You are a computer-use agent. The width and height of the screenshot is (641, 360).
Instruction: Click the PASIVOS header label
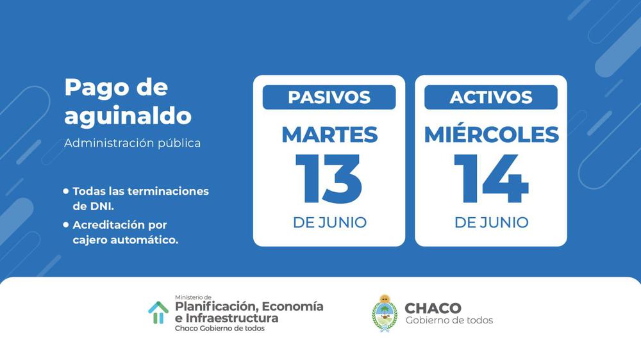[x=329, y=97]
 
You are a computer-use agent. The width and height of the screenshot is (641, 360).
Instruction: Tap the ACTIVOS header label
[x=491, y=97]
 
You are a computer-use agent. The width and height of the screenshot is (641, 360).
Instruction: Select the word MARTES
[x=329, y=135]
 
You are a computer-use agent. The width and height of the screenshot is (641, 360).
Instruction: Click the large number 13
[x=329, y=179]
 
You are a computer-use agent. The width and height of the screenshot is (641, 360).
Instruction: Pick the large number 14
[x=491, y=179]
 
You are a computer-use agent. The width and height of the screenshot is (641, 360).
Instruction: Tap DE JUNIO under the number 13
[x=329, y=223]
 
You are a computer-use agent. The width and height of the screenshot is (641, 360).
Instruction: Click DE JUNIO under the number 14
[x=492, y=223]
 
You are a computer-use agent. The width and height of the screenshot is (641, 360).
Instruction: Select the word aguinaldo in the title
[x=128, y=116]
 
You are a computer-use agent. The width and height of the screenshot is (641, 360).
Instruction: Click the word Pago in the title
[x=92, y=88]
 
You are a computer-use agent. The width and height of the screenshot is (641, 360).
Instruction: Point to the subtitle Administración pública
[x=133, y=143]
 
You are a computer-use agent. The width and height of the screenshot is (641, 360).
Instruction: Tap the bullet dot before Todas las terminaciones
[x=66, y=191]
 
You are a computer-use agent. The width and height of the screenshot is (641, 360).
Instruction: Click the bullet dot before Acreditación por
[x=66, y=224]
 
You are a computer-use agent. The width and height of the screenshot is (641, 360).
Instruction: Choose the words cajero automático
[x=126, y=240]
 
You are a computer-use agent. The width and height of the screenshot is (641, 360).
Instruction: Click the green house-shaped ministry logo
[x=158, y=313]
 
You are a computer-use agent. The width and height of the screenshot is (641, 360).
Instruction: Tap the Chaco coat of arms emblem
[x=384, y=313]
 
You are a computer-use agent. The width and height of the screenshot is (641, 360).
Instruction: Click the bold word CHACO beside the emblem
[x=433, y=308]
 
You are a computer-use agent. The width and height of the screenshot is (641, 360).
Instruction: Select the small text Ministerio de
[x=193, y=297]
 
